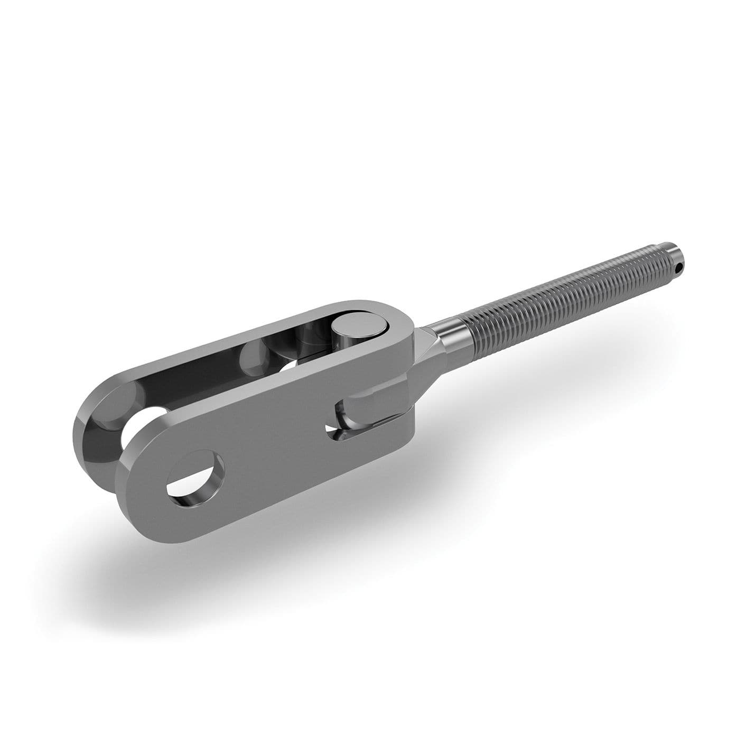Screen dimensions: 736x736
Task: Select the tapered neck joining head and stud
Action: [423, 359]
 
